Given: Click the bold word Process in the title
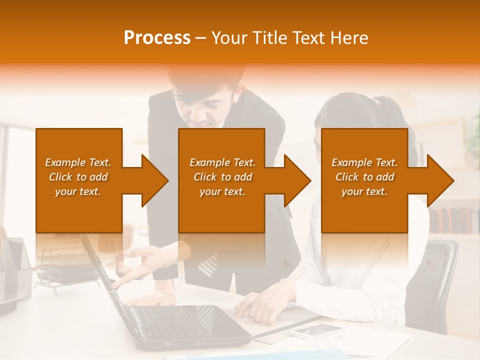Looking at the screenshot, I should coord(157,38).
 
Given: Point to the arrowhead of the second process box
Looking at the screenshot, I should coord(296,180).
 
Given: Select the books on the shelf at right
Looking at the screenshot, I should coord(452,220).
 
